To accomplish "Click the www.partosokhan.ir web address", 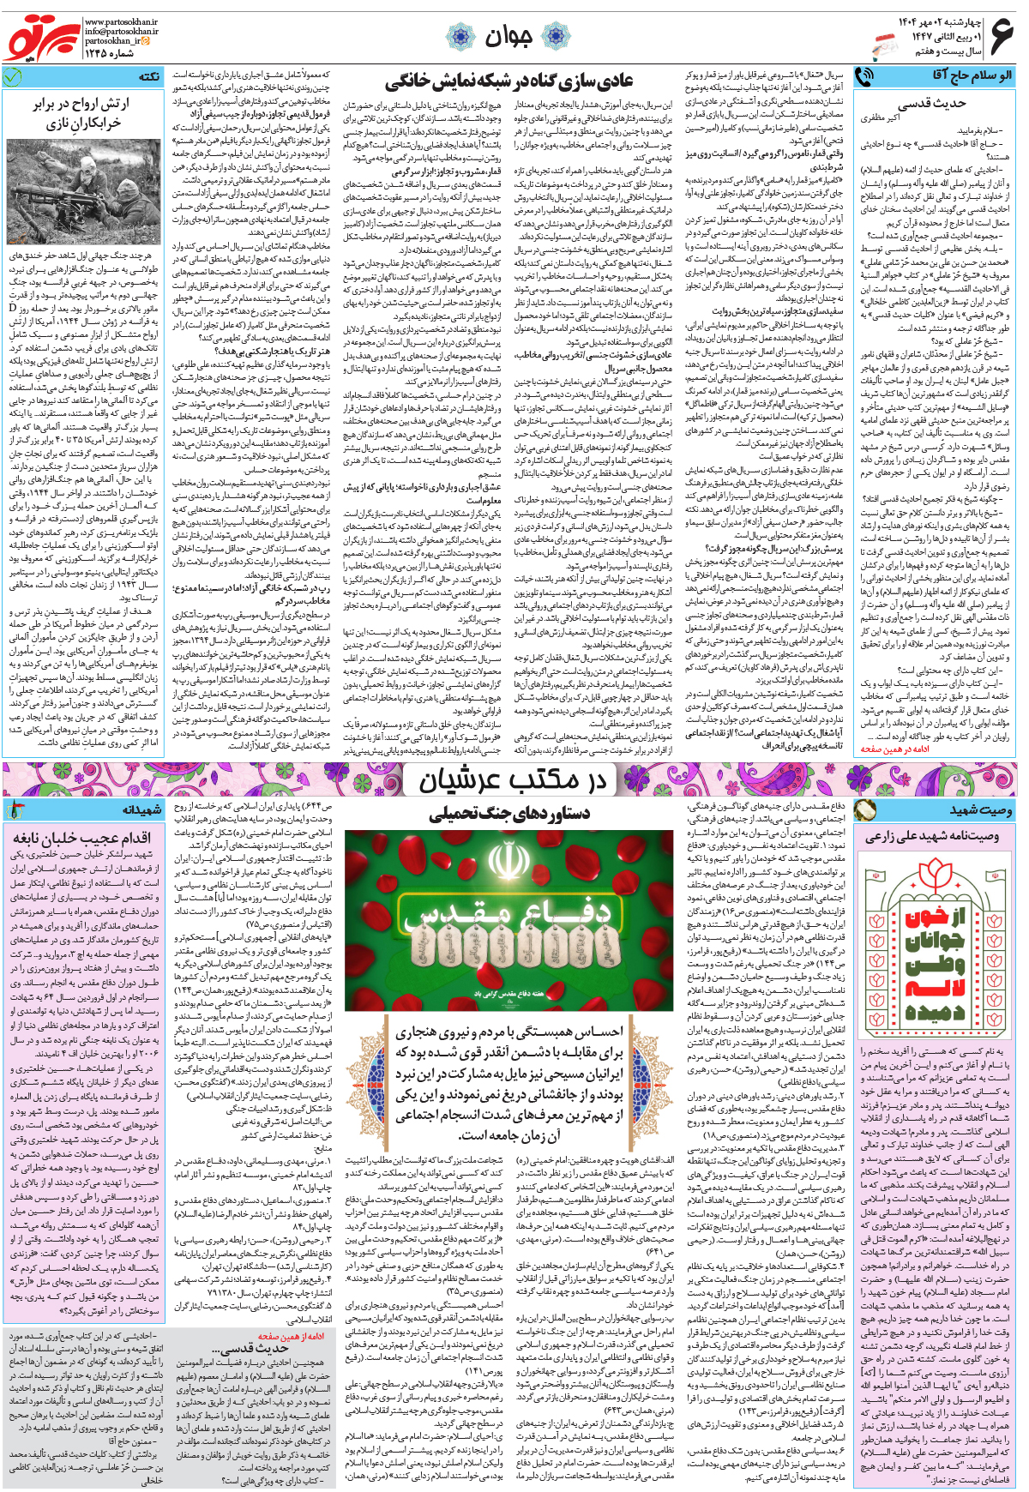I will point(121,21).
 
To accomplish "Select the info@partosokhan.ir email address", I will point(121,31).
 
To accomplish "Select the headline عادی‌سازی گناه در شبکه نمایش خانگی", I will point(508,82).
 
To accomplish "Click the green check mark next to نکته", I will point(12,77).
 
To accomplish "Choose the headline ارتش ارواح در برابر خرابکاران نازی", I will point(82,112).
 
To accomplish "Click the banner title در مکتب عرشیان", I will point(512,779).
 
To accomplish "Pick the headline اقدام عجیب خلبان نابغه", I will point(82,838).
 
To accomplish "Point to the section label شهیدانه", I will point(141,809).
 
